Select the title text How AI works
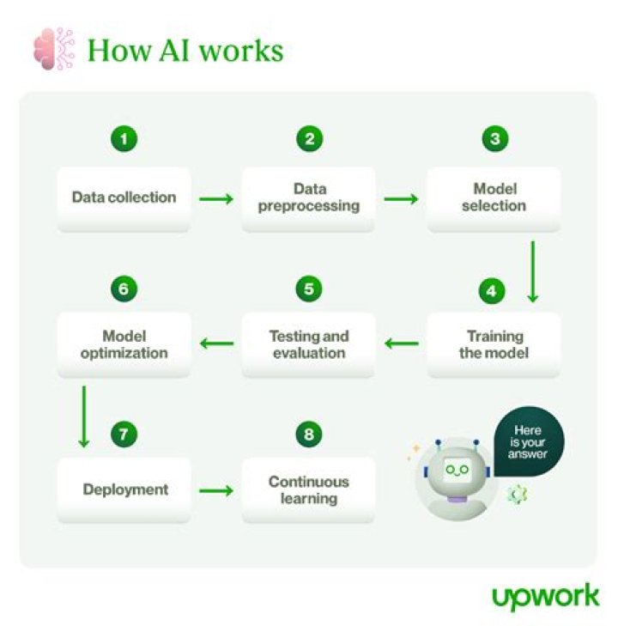point(185,51)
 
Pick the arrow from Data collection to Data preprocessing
point(215,198)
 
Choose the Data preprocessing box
point(309,198)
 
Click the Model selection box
point(494,198)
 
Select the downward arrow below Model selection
point(532,271)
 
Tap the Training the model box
point(494,343)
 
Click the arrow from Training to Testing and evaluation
point(401,344)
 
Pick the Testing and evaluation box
point(309,343)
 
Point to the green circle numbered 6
point(124,289)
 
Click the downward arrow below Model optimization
point(83,416)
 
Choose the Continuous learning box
point(309,490)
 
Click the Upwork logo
point(545,596)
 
